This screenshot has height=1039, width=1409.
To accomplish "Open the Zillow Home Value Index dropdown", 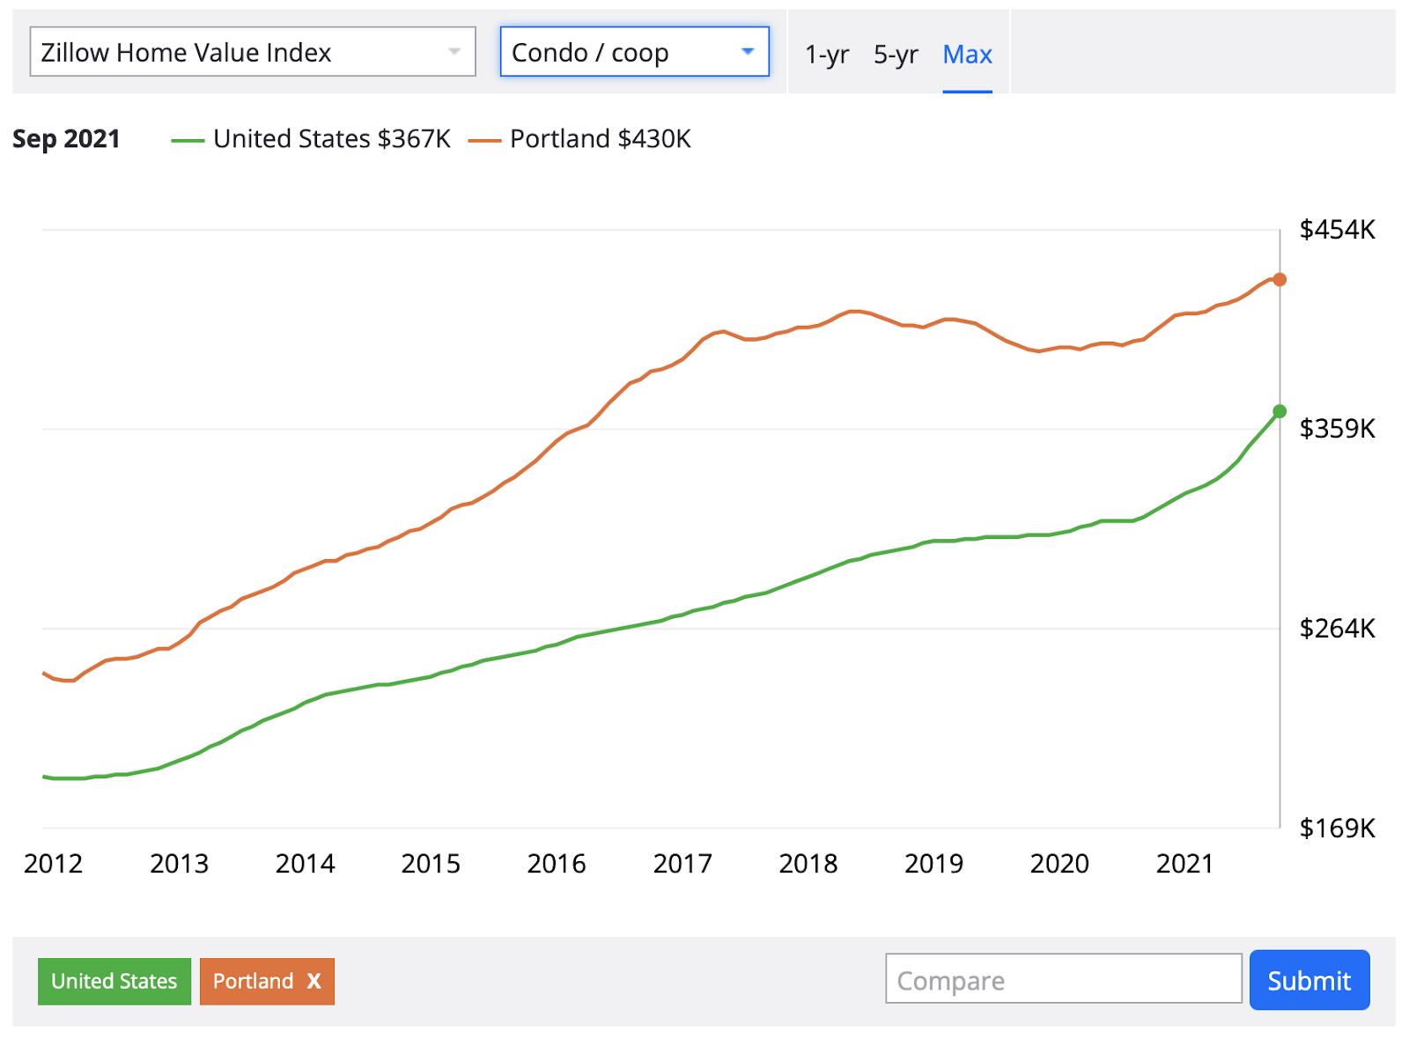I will click(252, 52).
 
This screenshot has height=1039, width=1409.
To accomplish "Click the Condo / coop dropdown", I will click(634, 52).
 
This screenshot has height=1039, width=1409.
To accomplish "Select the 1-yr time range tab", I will click(827, 55).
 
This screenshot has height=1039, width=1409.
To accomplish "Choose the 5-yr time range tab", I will click(896, 55).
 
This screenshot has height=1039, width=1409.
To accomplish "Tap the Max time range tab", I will click(967, 55).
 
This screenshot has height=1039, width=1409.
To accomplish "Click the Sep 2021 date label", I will click(66, 139).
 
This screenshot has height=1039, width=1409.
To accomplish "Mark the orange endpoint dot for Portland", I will click(1280, 280).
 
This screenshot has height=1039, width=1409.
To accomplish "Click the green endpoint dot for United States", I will click(1280, 411).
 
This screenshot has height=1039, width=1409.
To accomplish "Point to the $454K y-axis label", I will click(1337, 230).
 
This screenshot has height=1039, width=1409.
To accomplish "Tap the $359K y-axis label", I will click(1337, 429).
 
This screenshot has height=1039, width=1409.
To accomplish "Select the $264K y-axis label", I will click(1337, 629).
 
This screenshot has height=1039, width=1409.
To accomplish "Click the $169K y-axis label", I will click(1337, 829).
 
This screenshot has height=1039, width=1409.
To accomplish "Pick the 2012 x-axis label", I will click(53, 864).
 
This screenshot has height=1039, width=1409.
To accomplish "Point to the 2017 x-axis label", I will click(682, 864).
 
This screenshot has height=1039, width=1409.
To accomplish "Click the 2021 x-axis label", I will click(1184, 864).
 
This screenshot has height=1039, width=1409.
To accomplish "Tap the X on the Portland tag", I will click(314, 981).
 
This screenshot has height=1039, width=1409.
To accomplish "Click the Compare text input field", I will click(1063, 979).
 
